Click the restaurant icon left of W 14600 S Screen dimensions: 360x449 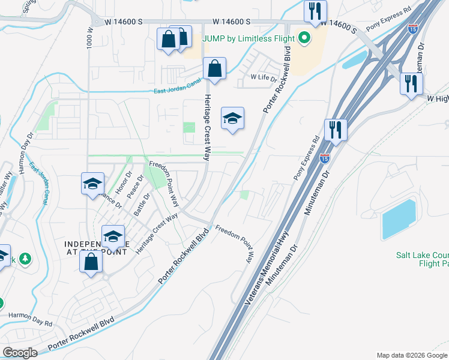[x=315, y=11]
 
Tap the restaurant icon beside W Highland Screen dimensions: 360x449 [x=411, y=83]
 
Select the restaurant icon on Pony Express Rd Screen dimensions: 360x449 [x=336, y=129]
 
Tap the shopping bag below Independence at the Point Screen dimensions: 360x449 [x=91, y=262]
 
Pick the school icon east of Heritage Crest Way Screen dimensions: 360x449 [x=232, y=118]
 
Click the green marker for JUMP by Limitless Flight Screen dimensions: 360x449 [x=304, y=39]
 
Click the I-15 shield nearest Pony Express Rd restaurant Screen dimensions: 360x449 [x=325, y=158]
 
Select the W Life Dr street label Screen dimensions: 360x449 [x=264, y=77]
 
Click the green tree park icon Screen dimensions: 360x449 [x=25, y=259]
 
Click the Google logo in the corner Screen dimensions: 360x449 [x=19, y=353]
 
